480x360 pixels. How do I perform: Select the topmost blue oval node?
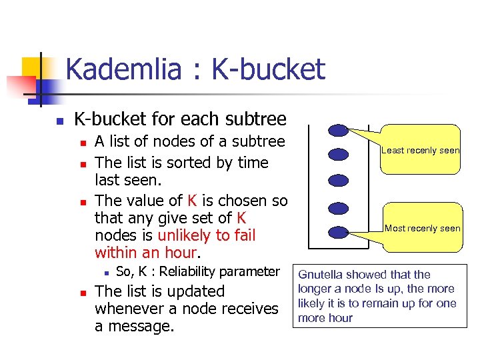point(339,129)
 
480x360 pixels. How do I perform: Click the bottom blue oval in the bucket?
point(339,232)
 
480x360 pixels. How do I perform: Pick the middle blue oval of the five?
point(339,180)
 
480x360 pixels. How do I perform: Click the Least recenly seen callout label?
point(420,151)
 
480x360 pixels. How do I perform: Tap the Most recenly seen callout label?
point(422,228)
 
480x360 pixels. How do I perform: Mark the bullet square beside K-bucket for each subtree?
point(59,121)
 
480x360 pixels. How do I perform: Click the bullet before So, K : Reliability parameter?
point(105,273)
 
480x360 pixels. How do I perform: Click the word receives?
point(249,309)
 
